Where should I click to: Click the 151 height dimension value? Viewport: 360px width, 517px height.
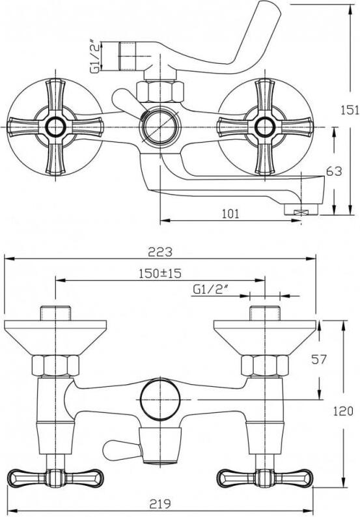point(350,110)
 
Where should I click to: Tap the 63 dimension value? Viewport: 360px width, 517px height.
point(334,171)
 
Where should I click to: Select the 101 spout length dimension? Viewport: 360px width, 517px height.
point(230,214)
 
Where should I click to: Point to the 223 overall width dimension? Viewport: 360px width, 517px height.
point(160,252)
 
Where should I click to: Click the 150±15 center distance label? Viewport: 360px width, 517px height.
point(160,273)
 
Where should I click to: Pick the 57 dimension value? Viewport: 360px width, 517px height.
point(319,359)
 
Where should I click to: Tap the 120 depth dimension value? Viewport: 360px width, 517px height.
point(343,411)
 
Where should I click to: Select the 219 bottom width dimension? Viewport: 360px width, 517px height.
point(160,504)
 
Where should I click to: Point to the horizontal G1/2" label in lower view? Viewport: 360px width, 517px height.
point(211,290)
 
